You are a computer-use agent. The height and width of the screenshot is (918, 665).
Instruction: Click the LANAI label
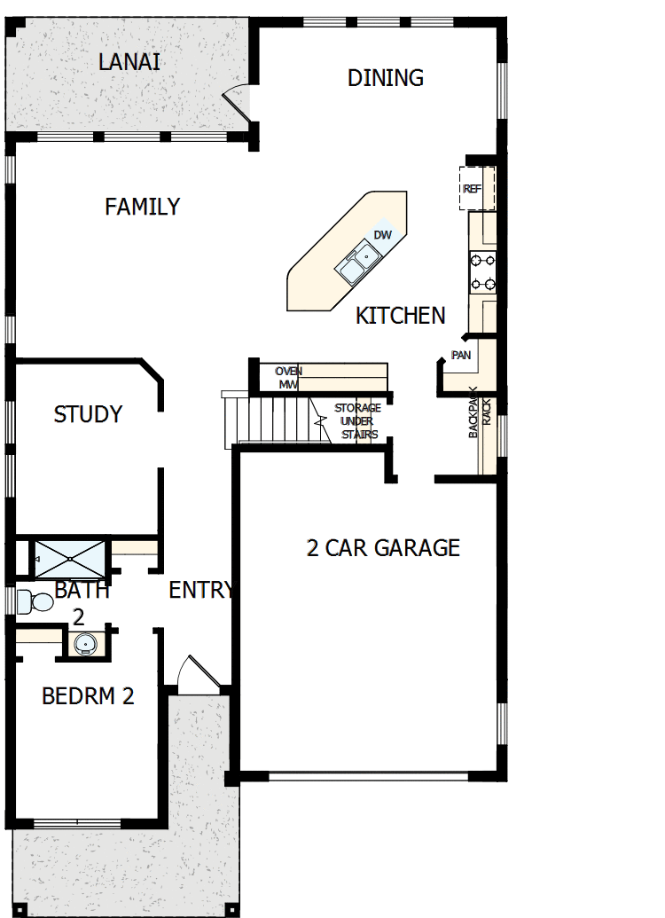129,63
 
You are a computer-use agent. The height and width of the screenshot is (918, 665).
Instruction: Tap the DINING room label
385,78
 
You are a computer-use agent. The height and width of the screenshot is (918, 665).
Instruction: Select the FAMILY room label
142,207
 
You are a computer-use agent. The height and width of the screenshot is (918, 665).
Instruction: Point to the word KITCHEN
400,316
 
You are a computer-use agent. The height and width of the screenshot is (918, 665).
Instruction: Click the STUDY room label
88,414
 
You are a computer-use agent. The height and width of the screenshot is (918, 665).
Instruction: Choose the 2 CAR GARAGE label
383,548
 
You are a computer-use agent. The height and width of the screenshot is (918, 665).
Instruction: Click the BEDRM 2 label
88,696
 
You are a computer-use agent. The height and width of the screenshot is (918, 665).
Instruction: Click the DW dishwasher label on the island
382,235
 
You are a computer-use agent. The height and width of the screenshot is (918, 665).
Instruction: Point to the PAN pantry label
461,356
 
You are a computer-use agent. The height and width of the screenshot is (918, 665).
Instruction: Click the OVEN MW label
288,378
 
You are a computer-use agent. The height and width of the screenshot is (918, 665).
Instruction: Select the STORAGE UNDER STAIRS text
357,421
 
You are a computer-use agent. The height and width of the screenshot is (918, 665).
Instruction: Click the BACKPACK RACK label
480,417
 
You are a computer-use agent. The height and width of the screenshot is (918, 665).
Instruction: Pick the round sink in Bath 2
85,643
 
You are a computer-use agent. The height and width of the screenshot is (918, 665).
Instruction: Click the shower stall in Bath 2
70,557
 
